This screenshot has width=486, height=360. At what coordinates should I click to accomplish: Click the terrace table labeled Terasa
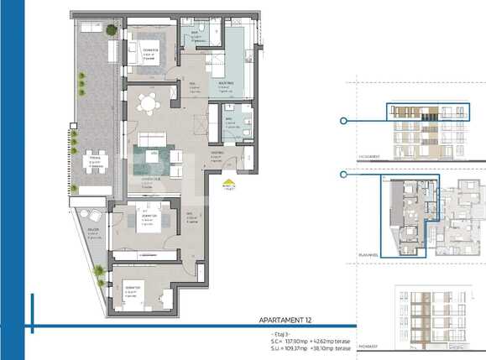(x=94, y=163)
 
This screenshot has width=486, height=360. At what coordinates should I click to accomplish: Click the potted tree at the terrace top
(x=111, y=30)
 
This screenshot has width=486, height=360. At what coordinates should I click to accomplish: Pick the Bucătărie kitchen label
(x=225, y=86)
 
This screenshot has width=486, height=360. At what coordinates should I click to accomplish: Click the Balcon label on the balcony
(x=91, y=235)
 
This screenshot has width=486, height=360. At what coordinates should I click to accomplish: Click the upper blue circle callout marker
(x=343, y=122)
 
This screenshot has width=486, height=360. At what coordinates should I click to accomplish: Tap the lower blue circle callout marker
(x=343, y=175)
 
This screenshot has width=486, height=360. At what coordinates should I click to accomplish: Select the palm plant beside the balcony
(x=100, y=270)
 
